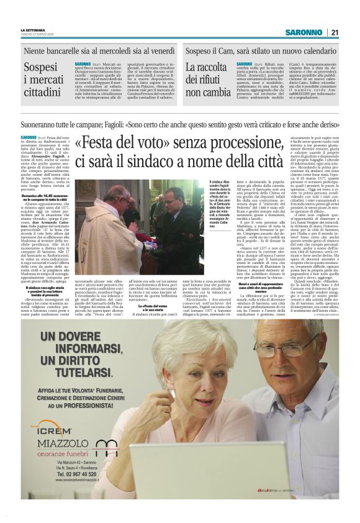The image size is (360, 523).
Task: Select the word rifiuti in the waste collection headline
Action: [203, 80]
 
